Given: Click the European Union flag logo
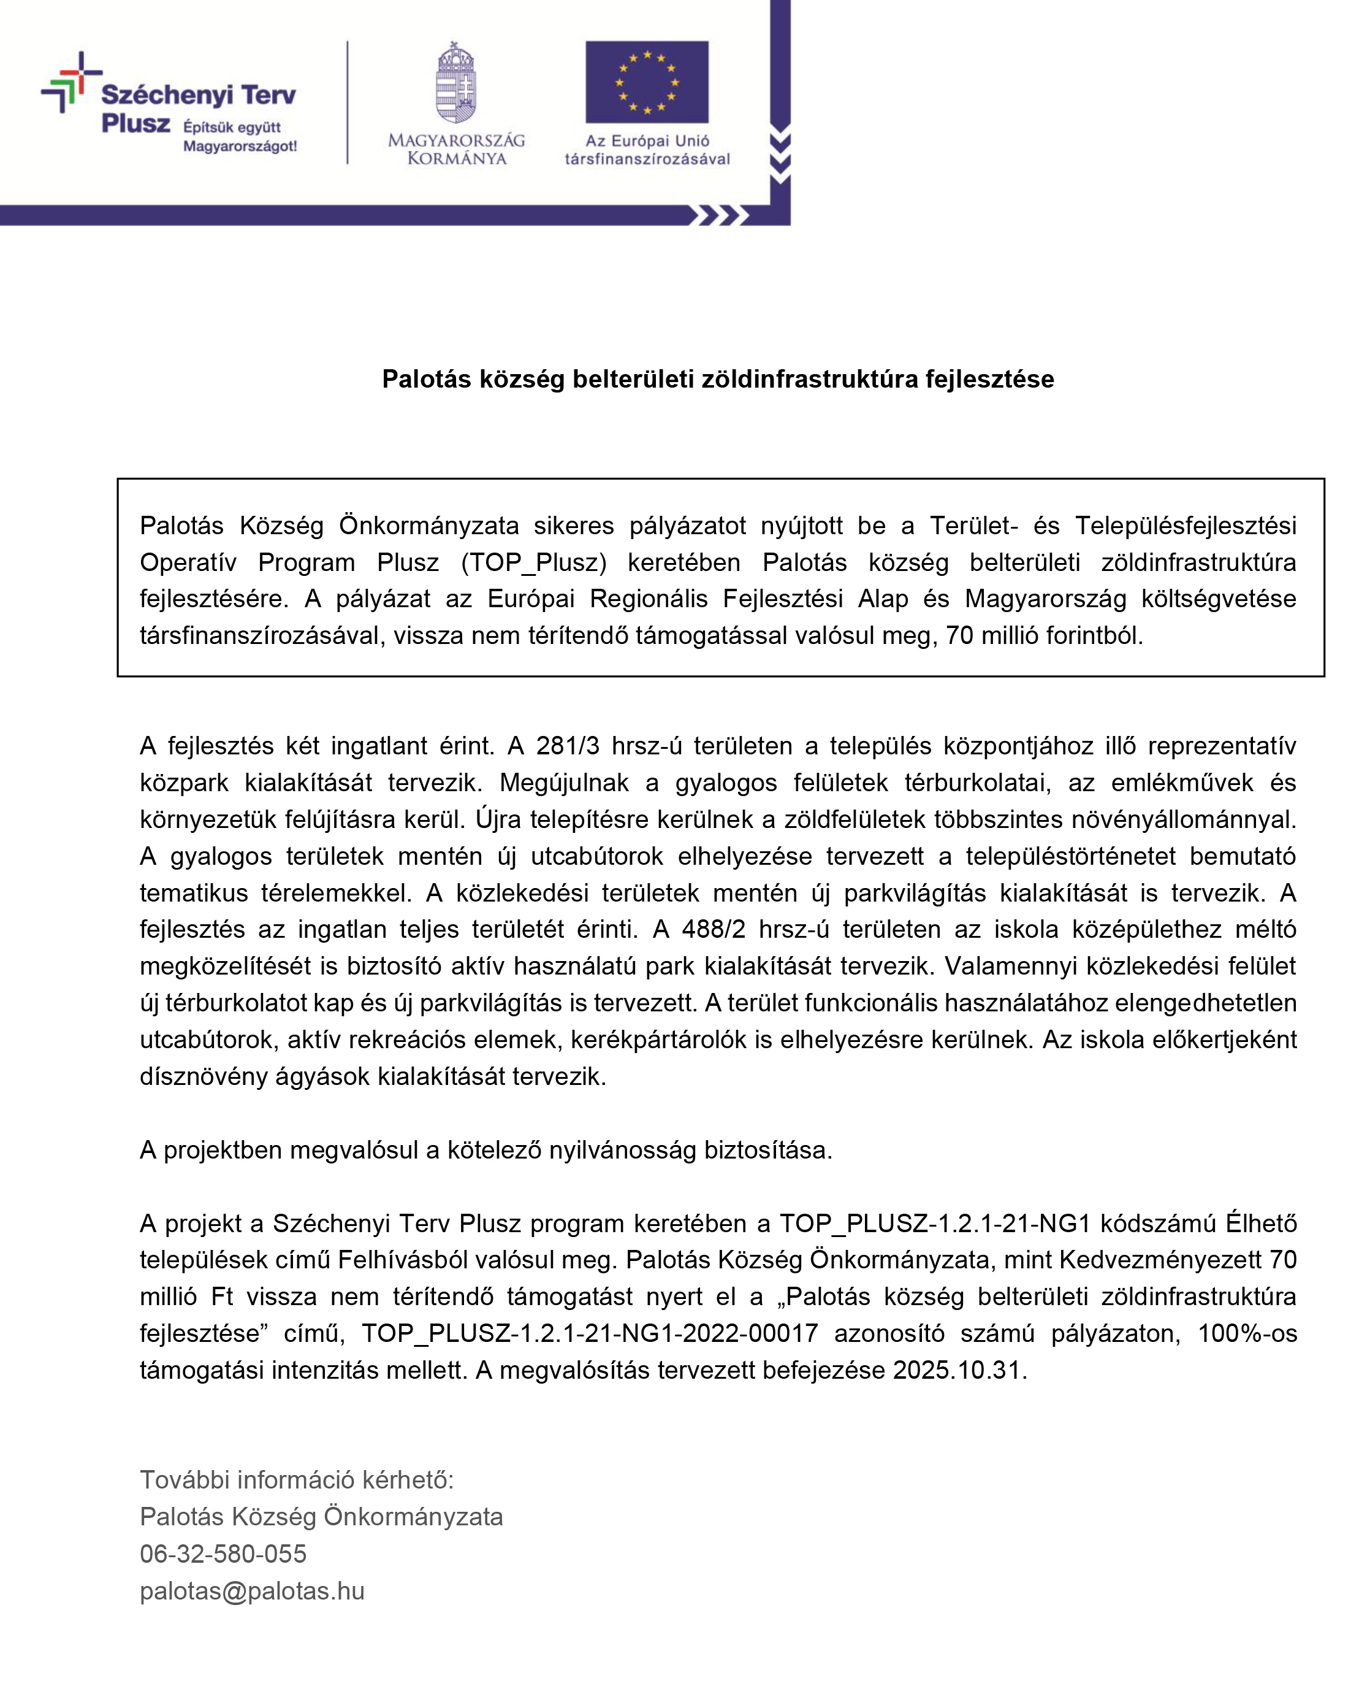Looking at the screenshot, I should (647, 82).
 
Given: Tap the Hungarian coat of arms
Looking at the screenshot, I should (457, 82).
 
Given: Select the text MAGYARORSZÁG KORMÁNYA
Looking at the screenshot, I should (457, 149).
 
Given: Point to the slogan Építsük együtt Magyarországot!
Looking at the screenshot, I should (240, 137).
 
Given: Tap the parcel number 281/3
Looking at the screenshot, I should (568, 746).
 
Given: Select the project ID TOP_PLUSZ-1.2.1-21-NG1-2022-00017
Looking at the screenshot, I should (590, 1333).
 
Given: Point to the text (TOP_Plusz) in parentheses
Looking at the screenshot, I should (534, 562).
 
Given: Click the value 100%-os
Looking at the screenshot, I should (1246, 1333).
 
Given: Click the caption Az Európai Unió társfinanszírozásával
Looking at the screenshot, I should (647, 149).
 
